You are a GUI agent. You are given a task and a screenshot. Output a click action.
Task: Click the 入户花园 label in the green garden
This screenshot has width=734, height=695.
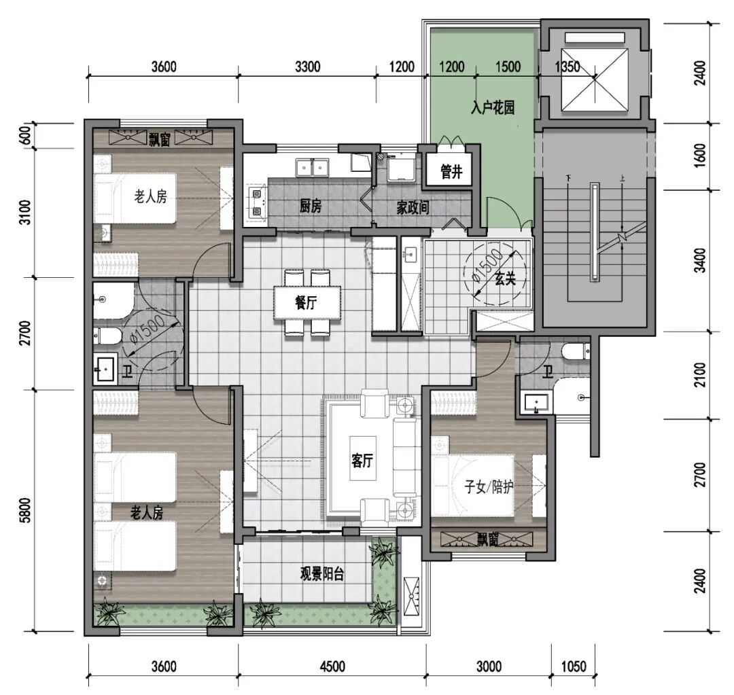pos(493,107)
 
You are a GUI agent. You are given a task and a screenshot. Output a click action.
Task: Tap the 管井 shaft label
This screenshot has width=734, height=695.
pos(451,173)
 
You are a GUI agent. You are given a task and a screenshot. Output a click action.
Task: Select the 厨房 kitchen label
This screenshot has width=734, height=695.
pos(311,206)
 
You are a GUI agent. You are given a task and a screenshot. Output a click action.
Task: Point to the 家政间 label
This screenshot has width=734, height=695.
pos(413,207)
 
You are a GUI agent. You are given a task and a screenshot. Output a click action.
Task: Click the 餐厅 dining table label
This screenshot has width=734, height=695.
pos(306,303)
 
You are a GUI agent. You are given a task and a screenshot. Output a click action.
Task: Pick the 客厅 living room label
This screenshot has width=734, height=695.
pos(362,461)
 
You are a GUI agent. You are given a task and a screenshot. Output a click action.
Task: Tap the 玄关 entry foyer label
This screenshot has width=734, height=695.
pos(505,279)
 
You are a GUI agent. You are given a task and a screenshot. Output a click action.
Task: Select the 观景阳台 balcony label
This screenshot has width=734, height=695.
pos(322,574)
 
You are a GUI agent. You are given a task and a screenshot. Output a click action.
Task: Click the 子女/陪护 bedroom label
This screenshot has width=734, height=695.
pos(489,487)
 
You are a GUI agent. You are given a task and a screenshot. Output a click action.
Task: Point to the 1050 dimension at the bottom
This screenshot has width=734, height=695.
pos(573,666)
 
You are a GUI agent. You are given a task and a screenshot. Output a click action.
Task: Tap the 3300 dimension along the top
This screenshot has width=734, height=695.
pos(308,67)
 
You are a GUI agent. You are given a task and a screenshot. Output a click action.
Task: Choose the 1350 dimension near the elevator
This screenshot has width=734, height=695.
pos(567,67)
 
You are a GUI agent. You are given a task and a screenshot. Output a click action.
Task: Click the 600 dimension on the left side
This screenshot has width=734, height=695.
pos(27,136)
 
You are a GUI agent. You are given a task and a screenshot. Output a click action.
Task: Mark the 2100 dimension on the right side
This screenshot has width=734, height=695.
pos(699,374)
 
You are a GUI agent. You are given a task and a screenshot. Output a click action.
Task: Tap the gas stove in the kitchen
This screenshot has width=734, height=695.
pos(257,202)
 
